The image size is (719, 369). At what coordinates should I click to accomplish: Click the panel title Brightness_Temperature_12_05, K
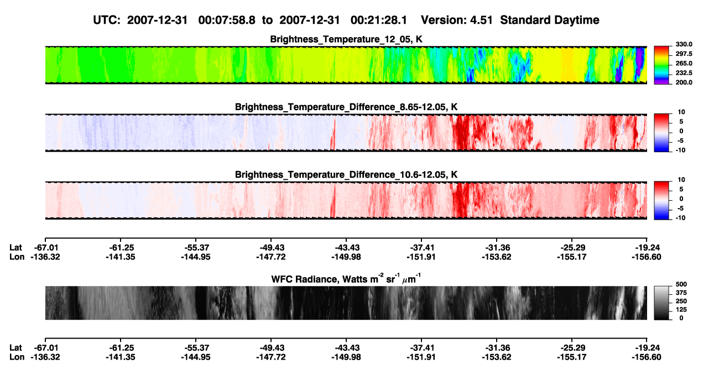(x=346, y=39)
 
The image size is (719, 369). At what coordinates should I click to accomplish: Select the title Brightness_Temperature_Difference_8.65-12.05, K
(x=346, y=107)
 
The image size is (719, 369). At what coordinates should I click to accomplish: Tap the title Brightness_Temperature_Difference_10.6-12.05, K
(x=346, y=175)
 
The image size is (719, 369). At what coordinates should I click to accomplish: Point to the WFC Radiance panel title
(x=346, y=279)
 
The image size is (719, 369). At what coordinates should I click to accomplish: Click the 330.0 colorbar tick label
(x=684, y=44)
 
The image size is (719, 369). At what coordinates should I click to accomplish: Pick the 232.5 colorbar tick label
(x=684, y=73)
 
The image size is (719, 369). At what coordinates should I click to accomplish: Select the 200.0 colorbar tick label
(x=684, y=82)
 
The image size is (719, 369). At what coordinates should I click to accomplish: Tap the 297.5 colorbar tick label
(x=684, y=54)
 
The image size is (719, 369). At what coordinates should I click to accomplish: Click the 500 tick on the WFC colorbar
(x=681, y=284)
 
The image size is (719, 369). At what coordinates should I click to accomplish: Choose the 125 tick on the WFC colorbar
(x=681, y=310)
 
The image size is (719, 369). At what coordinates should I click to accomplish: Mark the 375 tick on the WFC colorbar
(x=681, y=293)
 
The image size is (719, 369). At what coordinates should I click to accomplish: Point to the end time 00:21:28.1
(x=379, y=20)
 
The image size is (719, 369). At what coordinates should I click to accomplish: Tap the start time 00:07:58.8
(x=227, y=20)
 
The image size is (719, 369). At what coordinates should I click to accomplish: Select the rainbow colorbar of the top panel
(x=661, y=65)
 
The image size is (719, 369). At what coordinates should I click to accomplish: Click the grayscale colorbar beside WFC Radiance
(x=661, y=303)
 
